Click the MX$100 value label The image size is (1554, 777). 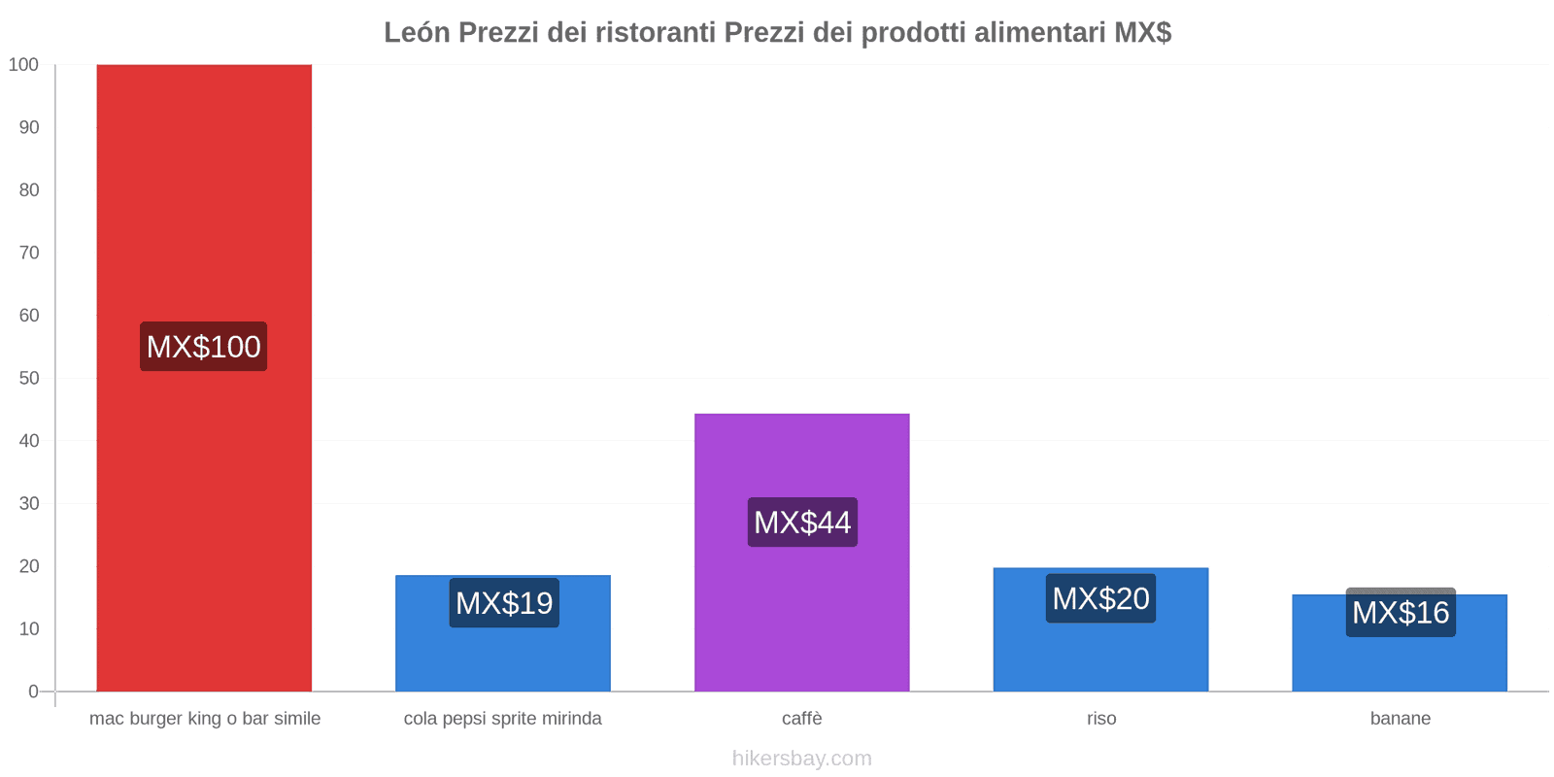pos(204,347)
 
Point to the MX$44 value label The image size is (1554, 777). pos(802,523)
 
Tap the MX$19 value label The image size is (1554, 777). pos(504,603)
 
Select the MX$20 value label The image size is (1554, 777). pos(1100,598)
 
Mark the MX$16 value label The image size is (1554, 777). pos(1401,613)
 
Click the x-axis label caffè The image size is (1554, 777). pos(802,719)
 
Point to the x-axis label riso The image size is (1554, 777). pos(1101,719)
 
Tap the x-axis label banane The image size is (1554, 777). pos(1400,719)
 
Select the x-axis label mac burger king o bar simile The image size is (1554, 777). pos(205,719)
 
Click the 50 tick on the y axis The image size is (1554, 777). pos(29,378)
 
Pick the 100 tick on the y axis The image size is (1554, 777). pos(24,65)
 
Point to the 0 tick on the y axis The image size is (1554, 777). pos(34,692)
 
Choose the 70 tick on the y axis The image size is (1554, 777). pos(29,253)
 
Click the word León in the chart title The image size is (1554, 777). pos(417,33)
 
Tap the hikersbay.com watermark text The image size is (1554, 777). pos(802,759)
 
